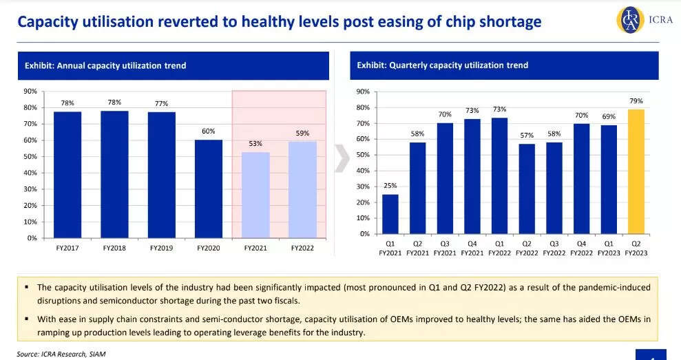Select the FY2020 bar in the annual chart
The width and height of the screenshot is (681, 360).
point(209,189)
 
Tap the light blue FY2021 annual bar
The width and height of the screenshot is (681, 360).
point(255,195)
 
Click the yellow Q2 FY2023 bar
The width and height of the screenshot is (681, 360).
point(636,171)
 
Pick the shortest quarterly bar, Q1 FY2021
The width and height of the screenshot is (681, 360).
point(390,214)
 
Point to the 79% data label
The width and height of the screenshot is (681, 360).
point(636,101)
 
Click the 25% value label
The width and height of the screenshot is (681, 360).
point(390,186)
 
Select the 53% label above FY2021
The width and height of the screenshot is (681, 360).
point(255,143)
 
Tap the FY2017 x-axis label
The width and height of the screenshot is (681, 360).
point(67,248)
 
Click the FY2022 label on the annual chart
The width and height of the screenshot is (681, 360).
point(302,248)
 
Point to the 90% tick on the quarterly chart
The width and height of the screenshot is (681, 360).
point(364,92)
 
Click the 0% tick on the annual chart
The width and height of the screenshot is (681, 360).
point(32,238)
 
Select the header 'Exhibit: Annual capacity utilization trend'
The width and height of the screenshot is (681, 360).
point(105,65)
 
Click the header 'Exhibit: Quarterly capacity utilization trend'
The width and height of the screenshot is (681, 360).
point(443,65)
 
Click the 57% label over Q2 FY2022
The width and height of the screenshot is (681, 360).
point(527,136)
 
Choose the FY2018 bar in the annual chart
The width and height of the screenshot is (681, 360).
point(114,174)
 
